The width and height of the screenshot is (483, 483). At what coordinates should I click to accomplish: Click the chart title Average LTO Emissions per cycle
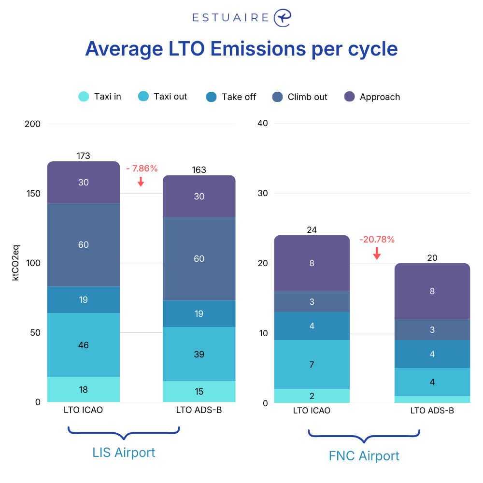tap(241, 49)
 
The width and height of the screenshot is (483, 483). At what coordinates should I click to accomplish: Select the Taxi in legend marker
tap(84, 97)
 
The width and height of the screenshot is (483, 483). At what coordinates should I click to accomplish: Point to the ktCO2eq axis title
tap(16, 263)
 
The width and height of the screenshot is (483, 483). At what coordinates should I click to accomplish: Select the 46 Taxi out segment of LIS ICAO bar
tap(84, 345)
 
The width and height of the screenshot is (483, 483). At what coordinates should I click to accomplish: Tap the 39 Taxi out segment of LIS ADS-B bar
tap(199, 354)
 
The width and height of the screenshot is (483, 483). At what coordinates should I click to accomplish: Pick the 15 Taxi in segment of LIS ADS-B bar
tap(199, 392)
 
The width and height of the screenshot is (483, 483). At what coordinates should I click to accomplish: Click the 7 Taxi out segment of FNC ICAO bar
tap(312, 364)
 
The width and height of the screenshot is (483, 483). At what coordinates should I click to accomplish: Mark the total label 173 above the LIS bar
tap(84, 156)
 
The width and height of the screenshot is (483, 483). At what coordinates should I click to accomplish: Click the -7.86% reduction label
tap(142, 169)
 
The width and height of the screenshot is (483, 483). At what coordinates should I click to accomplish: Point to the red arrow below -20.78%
tap(377, 253)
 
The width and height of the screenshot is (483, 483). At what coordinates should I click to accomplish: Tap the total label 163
tap(199, 170)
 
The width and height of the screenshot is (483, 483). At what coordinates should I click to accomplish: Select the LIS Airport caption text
tap(124, 453)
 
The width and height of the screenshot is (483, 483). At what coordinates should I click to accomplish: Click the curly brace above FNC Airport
tap(364, 435)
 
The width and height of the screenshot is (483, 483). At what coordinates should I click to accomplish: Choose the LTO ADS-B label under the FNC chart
tap(432, 411)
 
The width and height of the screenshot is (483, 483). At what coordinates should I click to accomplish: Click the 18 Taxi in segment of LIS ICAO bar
tap(84, 390)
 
